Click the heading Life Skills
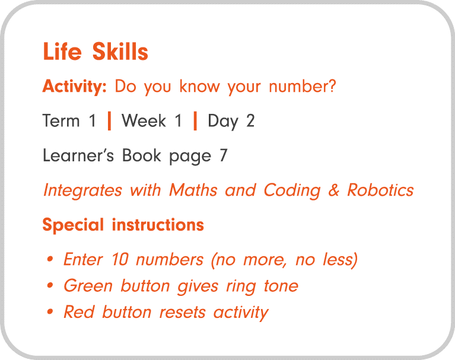click(x=95, y=52)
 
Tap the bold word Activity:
click(x=74, y=87)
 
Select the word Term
click(x=61, y=121)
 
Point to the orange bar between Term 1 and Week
click(x=109, y=121)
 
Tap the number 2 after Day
click(x=250, y=121)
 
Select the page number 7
click(x=222, y=155)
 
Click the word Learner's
click(x=79, y=155)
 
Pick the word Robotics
click(x=380, y=190)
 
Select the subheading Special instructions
click(x=123, y=225)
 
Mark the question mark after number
click(x=332, y=87)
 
